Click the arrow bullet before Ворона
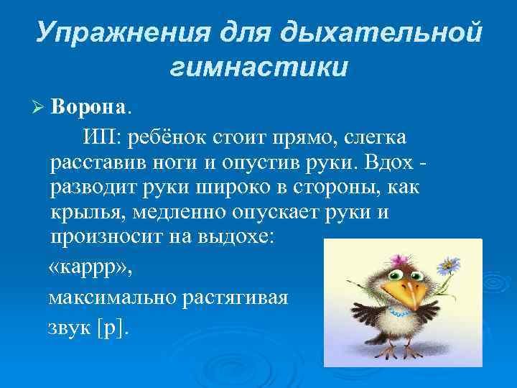coord(39,108)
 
